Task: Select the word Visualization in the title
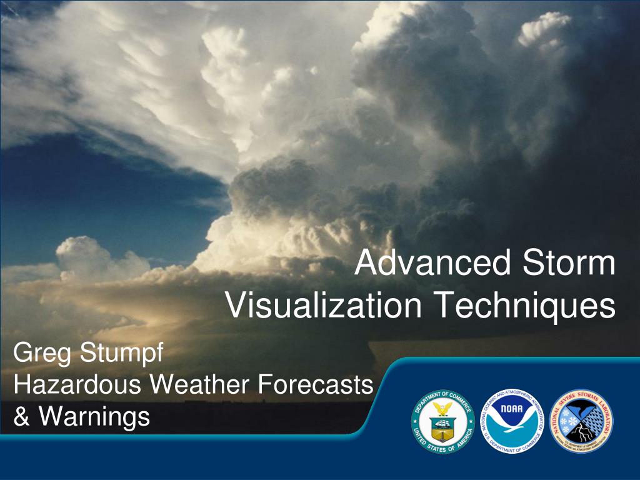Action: click(x=323, y=306)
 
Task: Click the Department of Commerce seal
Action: click(x=442, y=422)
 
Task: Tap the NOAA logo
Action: click(x=512, y=422)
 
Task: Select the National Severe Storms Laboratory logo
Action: click(x=581, y=422)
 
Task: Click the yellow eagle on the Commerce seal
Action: click(x=442, y=409)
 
